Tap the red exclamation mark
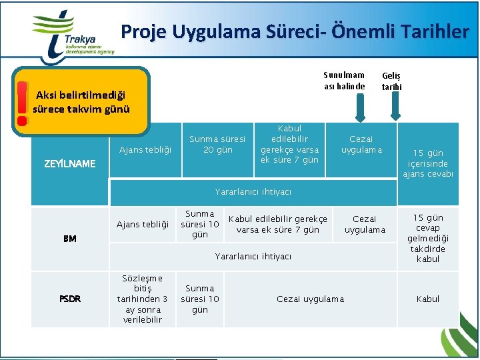coord(22,103)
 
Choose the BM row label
coord(69,238)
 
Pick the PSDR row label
coord(69,299)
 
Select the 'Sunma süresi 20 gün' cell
coord(217,144)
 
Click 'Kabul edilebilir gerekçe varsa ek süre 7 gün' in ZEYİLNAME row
coord(289,144)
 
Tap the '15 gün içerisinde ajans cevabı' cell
coord(428,163)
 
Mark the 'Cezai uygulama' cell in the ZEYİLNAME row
coord(361,144)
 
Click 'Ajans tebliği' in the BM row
coord(142,225)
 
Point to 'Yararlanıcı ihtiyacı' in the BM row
coord(253,256)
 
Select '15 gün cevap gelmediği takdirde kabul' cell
coord(428,238)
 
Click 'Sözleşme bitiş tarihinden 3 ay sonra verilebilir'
coord(142,299)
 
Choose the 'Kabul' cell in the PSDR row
coord(428,299)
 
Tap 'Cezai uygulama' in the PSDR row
coord(310,299)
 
